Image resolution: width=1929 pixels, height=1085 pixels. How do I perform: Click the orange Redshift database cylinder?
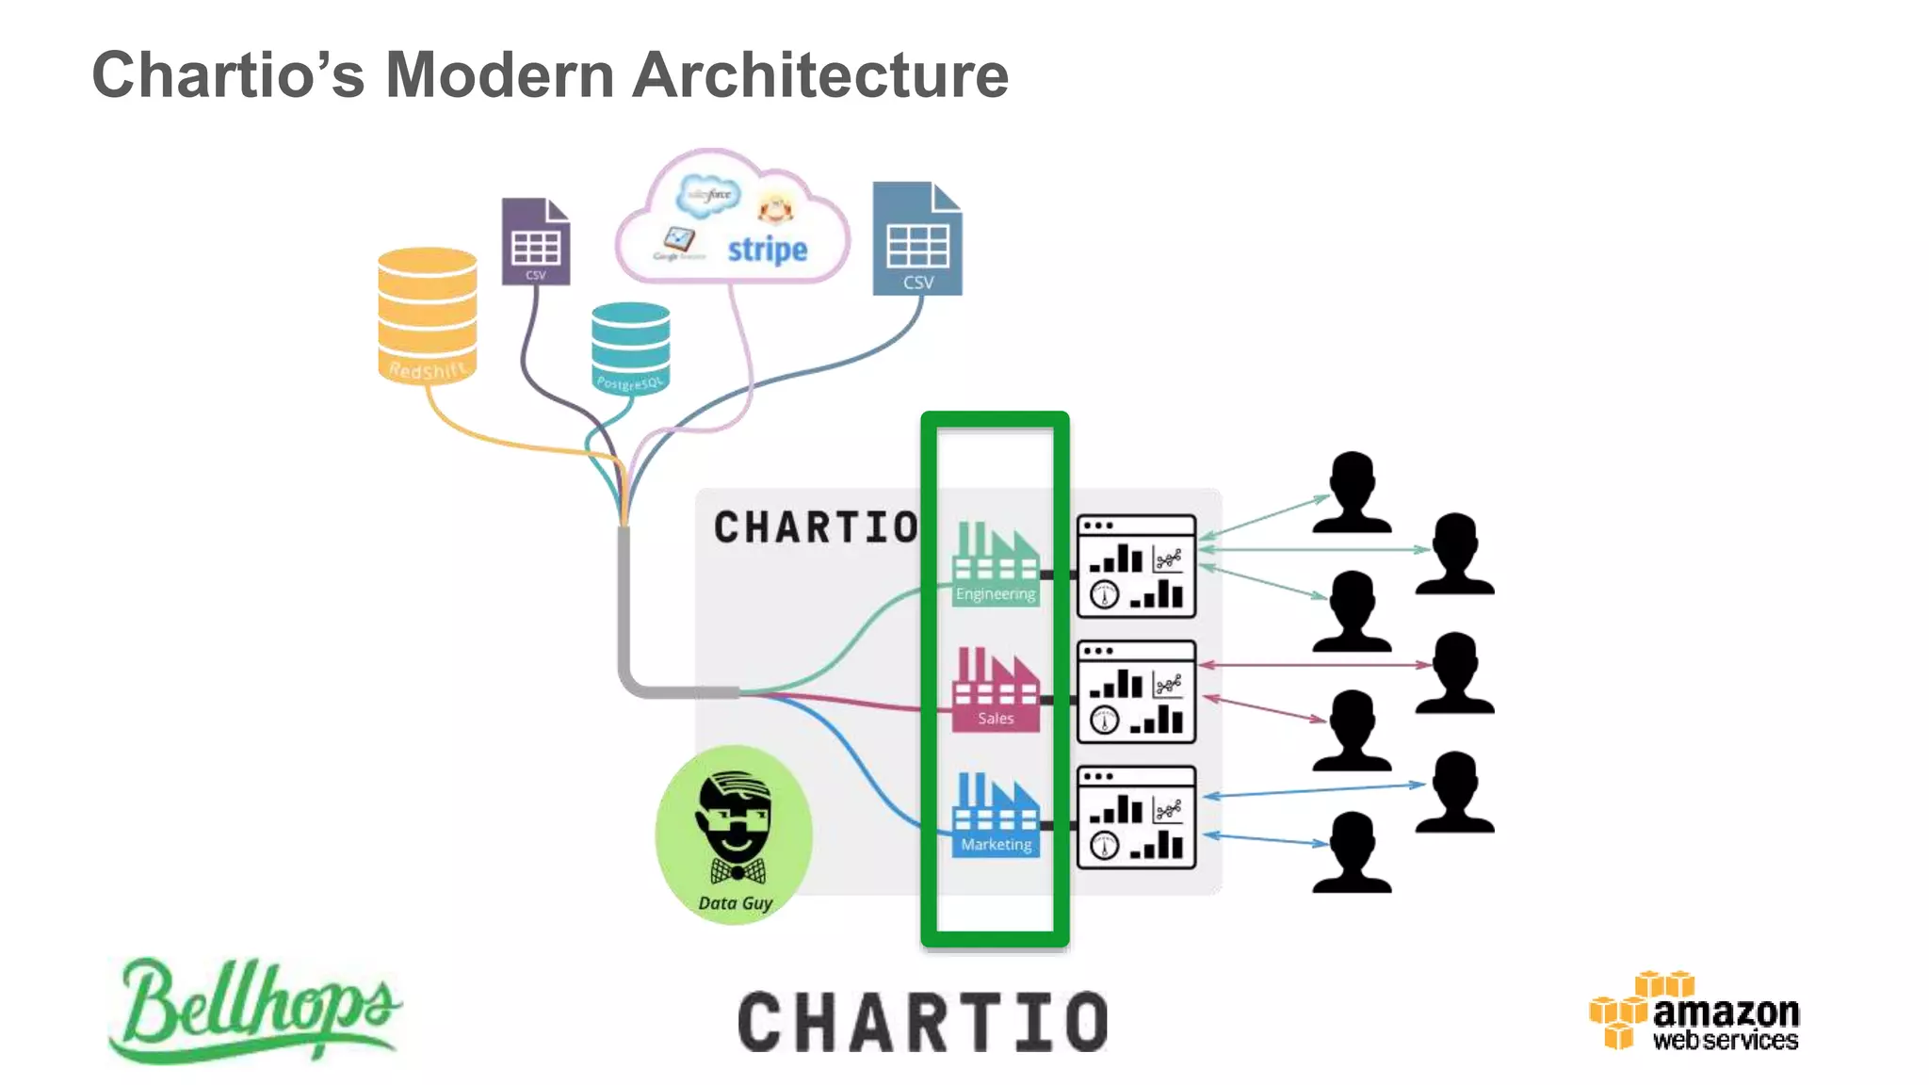pyautogui.click(x=427, y=315)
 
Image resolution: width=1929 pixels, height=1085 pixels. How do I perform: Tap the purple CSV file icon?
pyautogui.click(x=535, y=241)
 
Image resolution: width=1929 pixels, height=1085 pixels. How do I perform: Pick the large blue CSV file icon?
pyautogui.click(x=916, y=239)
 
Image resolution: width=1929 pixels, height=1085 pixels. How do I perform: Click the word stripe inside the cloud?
pyautogui.click(x=767, y=250)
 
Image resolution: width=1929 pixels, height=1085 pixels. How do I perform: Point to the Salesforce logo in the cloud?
pyautogui.click(x=708, y=195)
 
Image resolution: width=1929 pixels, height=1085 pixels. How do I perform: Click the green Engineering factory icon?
pyautogui.click(x=996, y=563)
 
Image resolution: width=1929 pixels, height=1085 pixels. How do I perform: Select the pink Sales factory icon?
pyautogui.click(x=996, y=688)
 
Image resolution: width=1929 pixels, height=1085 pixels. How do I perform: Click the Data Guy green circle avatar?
pyautogui.click(x=734, y=834)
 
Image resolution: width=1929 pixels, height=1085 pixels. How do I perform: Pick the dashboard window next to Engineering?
pyautogui.click(x=1136, y=566)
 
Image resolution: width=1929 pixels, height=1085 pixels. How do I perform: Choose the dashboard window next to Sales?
pyautogui.click(x=1136, y=692)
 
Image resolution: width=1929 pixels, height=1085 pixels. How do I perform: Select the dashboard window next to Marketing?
pyautogui.click(x=1136, y=818)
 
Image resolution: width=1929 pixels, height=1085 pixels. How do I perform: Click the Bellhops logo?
pyautogui.click(x=254, y=1009)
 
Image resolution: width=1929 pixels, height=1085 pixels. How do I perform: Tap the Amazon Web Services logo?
pyautogui.click(x=1694, y=1012)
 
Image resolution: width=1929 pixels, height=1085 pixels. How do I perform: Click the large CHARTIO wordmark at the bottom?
pyautogui.click(x=922, y=1023)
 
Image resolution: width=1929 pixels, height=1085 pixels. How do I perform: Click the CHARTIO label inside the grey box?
pyautogui.click(x=816, y=527)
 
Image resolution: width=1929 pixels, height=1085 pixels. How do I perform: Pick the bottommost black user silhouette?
pyautogui.click(x=1352, y=852)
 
